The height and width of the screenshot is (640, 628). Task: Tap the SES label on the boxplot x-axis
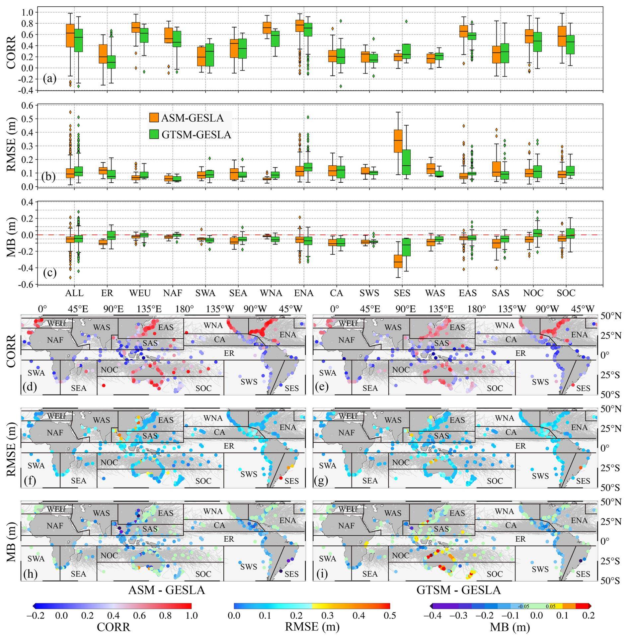tap(402, 293)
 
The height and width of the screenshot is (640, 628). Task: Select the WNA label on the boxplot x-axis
tap(272, 293)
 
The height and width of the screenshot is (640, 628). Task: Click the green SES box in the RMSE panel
tap(406, 162)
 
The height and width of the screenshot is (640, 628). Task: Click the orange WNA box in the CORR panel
tap(267, 28)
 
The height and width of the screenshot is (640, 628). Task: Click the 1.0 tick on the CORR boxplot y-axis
tap(28, 12)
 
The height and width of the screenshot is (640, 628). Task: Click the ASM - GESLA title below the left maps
tap(167, 590)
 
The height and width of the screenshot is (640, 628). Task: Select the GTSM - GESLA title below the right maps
tap(458, 590)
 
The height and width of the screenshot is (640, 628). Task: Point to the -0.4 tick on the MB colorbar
tap(431, 615)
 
